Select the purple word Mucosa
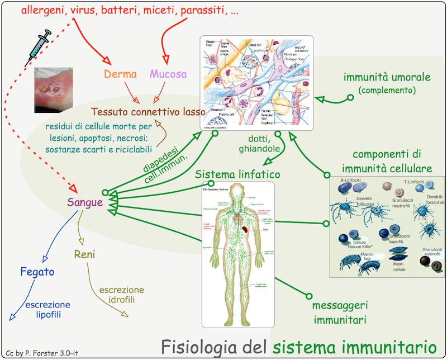click(168, 74)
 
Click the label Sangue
click(85, 202)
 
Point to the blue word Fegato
click(37, 272)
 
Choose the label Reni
click(85, 255)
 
